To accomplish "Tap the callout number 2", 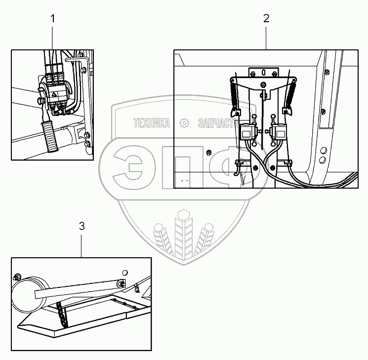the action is click(266, 19).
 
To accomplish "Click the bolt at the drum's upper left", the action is click(17, 276).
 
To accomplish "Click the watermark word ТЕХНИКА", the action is click(152, 123).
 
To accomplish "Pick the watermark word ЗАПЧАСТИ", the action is click(215, 123).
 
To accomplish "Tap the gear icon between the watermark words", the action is click(184, 123).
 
